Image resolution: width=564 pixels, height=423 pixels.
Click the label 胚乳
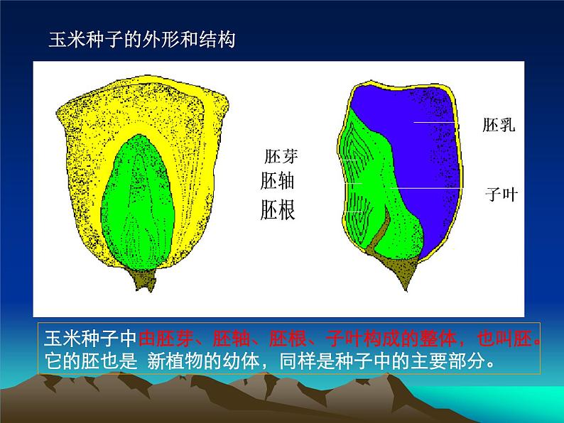coord(498,126)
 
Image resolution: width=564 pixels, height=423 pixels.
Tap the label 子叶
coord(501,194)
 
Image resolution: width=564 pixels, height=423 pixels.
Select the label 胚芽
coord(279,157)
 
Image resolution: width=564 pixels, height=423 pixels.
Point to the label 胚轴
coord(278,182)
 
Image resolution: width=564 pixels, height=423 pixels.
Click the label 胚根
coord(278,210)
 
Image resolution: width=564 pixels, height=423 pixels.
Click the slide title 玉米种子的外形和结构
coord(141,39)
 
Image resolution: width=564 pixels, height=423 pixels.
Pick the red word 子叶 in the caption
coord(344,338)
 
